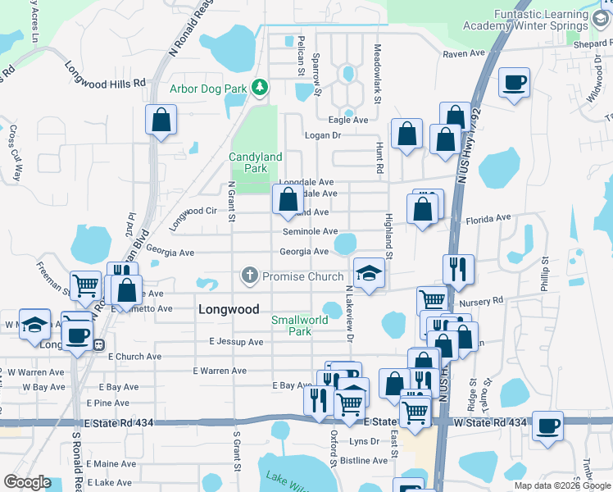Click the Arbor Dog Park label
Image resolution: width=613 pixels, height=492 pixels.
click(208, 89)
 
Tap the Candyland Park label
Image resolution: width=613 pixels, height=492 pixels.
click(255, 162)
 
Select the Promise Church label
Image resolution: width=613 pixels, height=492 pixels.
click(302, 276)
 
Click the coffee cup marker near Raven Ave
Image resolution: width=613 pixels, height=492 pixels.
click(514, 82)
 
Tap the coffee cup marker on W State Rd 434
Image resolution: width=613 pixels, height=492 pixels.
click(547, 426)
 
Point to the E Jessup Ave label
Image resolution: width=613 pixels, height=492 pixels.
click(235, 341)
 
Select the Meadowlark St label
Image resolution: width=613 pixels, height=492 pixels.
click(379, 74)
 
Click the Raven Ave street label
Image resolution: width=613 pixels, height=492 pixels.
click(464, 53)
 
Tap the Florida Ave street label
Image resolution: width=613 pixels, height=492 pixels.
click(488, 219)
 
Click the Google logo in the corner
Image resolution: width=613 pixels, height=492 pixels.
click(28, 482)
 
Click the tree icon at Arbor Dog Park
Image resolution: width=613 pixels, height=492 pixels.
click(260, 86)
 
